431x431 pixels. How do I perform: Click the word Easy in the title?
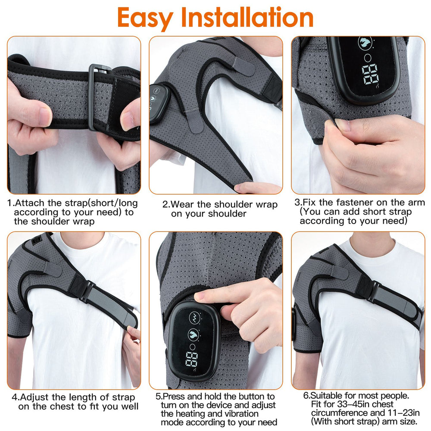(144, 18)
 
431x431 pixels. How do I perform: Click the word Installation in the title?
(247, 17)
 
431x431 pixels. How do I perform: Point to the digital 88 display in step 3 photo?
(370, 75)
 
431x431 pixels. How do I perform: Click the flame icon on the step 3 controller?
(365, 42)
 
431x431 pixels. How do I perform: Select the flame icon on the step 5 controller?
(194, 334)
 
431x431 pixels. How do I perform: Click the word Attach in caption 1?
(30, 203)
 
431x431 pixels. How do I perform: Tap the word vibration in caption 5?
(241, 413)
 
